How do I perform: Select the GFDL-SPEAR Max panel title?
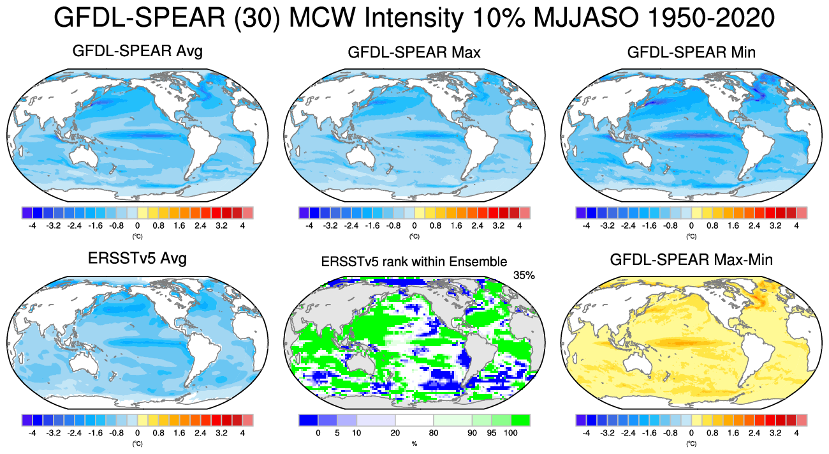tap(414, 52)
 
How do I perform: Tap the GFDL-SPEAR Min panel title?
tap(691, 52)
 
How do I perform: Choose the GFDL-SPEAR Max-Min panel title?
tap(691, 260)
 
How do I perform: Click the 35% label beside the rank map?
tap(523, 275)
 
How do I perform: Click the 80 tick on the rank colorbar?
tap(434, 433)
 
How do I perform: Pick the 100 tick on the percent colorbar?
tap(510, 433)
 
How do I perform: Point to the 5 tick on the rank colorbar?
tap(338, 433)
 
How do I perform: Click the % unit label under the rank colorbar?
tap(414, 443)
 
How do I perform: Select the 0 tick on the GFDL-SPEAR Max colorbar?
tap(414, 225)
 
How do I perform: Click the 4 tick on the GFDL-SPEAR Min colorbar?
tap(796, 225)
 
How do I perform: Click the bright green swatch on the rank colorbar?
tap(520, 420)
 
